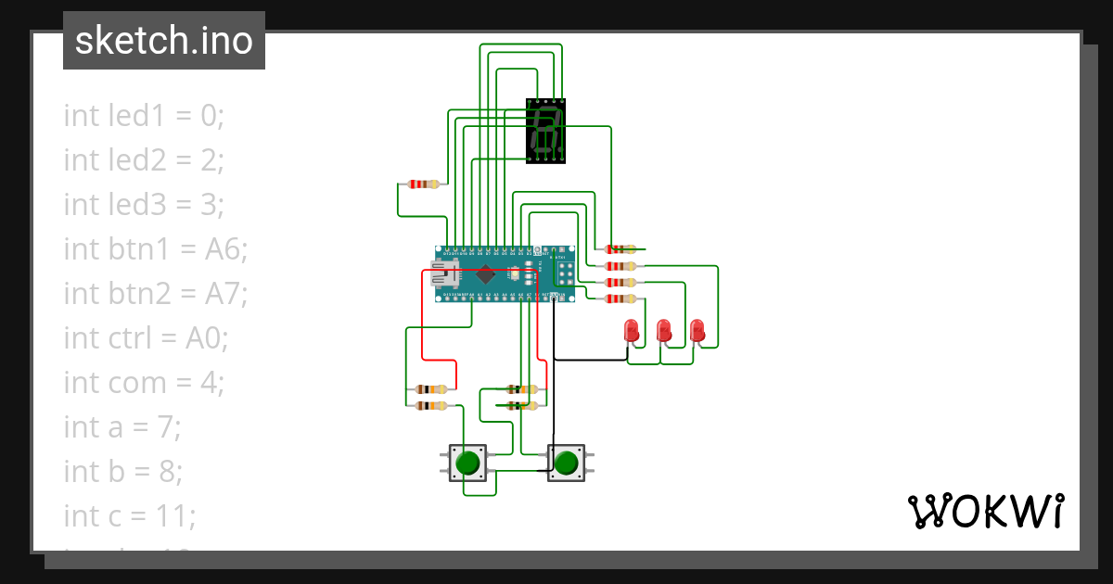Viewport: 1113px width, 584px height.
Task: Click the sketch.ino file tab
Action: point(164,41)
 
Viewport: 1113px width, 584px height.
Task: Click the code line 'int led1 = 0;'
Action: point(144,116)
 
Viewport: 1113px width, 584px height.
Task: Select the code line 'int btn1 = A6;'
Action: point(155,249)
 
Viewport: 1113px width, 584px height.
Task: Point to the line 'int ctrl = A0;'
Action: point(146,338)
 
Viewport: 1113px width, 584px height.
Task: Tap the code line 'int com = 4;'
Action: point(144,383)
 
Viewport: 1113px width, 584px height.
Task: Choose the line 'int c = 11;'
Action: point(130,515)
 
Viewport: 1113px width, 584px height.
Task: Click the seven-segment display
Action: point(546,131)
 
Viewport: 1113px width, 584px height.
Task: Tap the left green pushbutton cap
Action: point(468,461)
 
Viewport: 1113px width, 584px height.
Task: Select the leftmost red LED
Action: point(632,331)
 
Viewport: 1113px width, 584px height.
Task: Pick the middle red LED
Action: point(664,331)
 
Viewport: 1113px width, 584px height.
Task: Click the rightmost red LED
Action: point(697,331)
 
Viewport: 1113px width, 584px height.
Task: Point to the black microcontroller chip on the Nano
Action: point(485,273)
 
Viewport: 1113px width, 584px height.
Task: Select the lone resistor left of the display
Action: point(422,184)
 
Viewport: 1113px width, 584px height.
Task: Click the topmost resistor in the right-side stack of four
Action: point(620,248)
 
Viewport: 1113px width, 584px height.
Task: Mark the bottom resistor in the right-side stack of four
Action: point(620,298)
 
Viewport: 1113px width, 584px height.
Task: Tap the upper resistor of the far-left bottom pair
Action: point(431,389)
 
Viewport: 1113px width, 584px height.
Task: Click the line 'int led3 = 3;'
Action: point(144,205)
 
